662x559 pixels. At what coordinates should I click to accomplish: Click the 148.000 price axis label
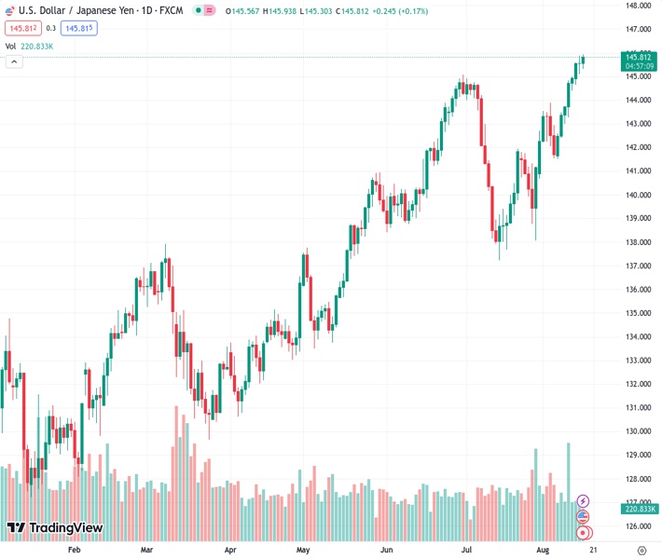point(639,6)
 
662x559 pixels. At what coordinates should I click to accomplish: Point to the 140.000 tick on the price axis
point(639,195)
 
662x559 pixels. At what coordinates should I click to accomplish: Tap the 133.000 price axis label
point(639,361)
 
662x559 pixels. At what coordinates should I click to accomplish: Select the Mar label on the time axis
point(146,550)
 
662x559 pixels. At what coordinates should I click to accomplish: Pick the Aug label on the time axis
point(543,550)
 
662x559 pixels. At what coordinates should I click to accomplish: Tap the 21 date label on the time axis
point(592,550)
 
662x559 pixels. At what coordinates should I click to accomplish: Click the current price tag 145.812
point(638,57)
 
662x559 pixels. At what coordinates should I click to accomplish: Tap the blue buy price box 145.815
point(79,28)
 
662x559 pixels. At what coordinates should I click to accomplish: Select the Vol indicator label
point(10,46)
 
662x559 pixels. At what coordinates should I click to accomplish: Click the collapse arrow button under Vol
point(14,61)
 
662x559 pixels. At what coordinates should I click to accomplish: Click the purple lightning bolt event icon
point(584,501)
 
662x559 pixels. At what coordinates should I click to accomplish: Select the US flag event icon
point(584,517)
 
